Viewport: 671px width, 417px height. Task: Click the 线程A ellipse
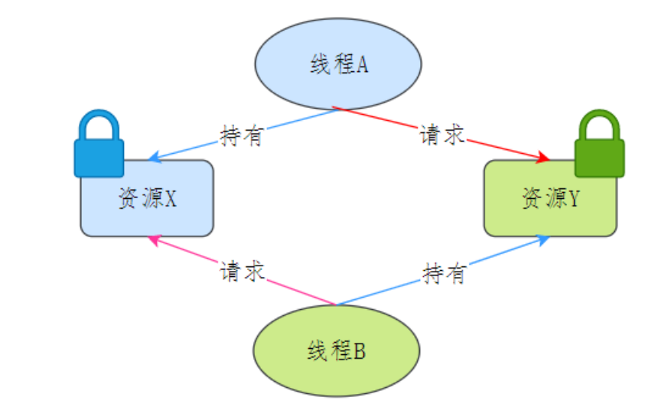pos(337,64)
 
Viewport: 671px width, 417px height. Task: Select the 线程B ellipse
pos(337,350)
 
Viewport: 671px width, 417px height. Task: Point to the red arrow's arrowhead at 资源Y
pos(543,158)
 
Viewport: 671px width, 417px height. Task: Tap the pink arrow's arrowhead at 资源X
pos(153,239)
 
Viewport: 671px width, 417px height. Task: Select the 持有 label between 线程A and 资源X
pos(242,136)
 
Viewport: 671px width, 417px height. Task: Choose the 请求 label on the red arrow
pos(442,135)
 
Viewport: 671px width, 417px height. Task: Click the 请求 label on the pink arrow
pos(242,272)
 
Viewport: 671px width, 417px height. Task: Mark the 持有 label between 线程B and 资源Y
pos(444,273)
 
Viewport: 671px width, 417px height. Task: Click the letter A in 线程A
pos(362,65)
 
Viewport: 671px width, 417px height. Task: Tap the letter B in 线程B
pos(360,352)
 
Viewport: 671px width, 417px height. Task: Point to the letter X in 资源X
pos(171,200)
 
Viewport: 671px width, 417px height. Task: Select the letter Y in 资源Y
pos(574,200)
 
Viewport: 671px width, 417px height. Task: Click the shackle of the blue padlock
pos(99,125)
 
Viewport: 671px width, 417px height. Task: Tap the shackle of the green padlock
pos(600,125)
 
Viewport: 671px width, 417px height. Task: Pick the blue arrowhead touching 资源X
pos(153,158)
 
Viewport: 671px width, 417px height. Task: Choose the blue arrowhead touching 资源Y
pos(544,240)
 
